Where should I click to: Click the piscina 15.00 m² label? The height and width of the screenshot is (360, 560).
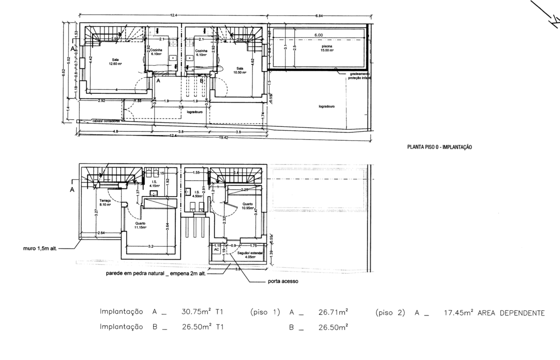click(x=327, y=48)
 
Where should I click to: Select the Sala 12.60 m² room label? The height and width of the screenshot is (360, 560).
click(x=115, y=62)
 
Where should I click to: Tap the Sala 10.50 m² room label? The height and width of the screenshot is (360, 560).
click(x=240, y=70)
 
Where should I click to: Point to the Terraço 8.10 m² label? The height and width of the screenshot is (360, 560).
click(x=105, y=202)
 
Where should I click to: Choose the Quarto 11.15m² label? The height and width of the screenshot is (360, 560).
click(x=140, y=225)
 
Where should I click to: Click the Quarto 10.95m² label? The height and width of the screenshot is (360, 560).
click(x=248, y=206)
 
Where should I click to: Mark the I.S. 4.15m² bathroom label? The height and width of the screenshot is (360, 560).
click(x=155, y=183)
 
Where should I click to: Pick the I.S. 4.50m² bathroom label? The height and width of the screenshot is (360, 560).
click(x=197, y=194)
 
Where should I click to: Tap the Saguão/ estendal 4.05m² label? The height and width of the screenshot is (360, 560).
click(x=250, y=255)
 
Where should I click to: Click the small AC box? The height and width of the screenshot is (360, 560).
click(x=217, y=250)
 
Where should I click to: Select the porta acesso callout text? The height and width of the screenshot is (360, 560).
click(x=283, y=281)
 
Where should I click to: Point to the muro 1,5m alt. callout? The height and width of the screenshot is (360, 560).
click(x=40, y=248)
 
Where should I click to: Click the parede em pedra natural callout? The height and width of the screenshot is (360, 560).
click(x=156, y=273)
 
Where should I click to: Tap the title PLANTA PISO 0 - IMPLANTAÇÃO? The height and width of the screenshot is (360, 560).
click(x=439, y=147)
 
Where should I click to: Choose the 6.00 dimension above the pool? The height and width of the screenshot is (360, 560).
click(x=318, y=35)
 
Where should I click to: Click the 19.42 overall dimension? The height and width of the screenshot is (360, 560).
click(x=224, y=137)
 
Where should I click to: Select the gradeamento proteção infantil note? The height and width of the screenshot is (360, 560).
click(x=360, y=76)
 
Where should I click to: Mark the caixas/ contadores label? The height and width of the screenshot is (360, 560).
click(x=106, y=121)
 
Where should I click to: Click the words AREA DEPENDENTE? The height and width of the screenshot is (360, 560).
click(x=511, y=313)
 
